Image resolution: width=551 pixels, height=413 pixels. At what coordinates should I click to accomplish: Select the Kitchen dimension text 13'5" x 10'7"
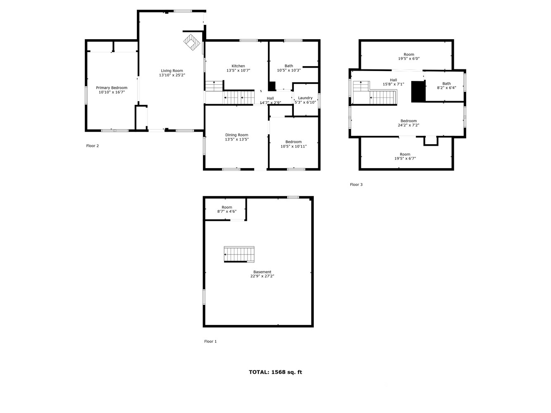click(238, 71)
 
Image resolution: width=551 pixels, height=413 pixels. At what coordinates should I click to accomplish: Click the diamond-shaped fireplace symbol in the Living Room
click(192, 42)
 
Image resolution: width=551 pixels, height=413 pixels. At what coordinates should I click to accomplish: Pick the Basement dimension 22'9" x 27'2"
click(262, 276)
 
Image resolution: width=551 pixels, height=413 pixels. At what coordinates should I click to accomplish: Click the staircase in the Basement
click(239, 254)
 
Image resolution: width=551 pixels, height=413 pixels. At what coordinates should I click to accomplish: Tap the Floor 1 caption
click(210, 341)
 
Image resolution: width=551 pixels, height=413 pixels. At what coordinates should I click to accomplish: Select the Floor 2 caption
click(92, 146)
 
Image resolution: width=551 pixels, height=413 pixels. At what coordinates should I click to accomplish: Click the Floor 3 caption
click(356, 185)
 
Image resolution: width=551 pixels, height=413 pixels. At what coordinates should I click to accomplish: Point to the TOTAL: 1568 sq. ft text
click(275, 372)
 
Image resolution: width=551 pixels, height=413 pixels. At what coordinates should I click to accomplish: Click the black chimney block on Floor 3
click(418, 92)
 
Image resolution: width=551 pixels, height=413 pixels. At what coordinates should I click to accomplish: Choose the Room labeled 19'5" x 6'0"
click(409, 57)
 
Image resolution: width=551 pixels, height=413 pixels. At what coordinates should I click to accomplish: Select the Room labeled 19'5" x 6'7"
click(405, 156)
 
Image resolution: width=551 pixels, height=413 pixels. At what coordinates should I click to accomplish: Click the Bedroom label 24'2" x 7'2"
click(408, 123)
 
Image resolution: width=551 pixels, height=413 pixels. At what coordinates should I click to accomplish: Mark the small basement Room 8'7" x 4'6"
click(227, 209)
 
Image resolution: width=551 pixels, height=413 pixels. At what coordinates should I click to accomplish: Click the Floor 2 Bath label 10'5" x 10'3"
click(289, 68)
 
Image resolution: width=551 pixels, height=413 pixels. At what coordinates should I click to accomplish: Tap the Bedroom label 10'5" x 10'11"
click(293, 144)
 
